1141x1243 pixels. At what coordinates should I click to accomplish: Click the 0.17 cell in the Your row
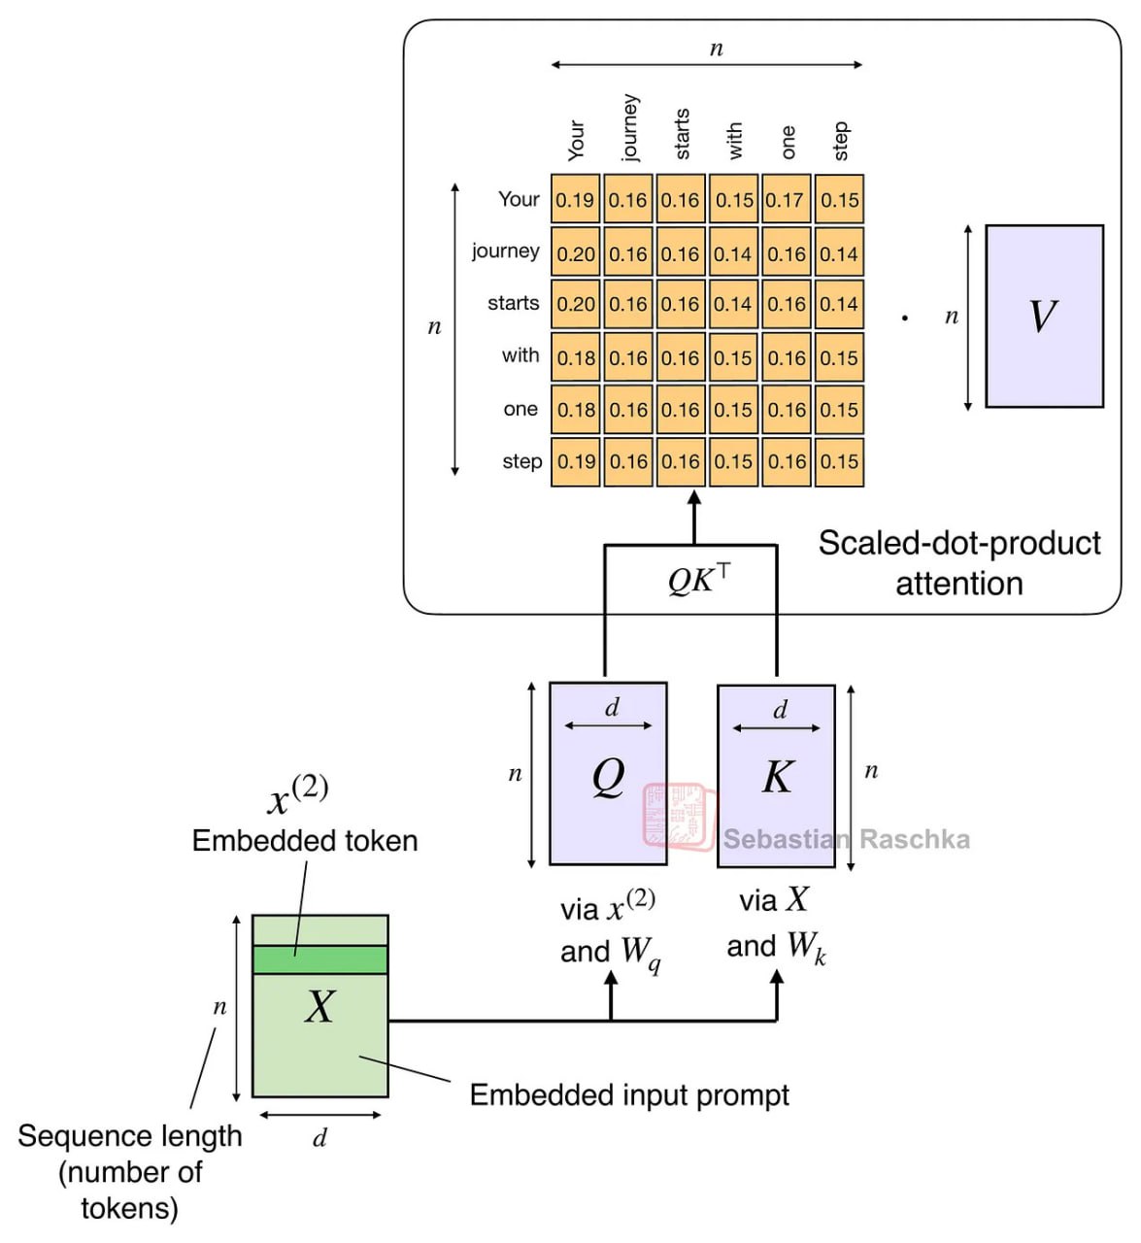coord(785,200)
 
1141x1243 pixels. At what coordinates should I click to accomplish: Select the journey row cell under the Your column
coord(576,253)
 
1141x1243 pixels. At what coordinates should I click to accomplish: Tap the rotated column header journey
coord(630,127)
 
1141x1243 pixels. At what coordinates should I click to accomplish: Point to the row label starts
coord(513,303)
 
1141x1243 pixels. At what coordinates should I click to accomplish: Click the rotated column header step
coord(841,141)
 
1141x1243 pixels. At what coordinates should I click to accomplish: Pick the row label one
coord(520,409)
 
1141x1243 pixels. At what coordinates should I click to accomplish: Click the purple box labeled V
coord(1044,317)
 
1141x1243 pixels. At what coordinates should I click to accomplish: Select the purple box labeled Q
coord(608,774)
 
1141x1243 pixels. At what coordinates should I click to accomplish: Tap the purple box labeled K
coord(776,776)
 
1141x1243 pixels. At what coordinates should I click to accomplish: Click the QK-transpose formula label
coord(698,580)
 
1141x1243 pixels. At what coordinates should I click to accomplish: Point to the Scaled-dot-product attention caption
coord(958,563)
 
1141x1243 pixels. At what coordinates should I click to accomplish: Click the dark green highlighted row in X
coord(319,959)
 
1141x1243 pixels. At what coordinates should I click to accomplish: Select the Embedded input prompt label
coord(629,1094)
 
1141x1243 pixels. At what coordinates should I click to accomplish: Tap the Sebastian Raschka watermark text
coord(846,839)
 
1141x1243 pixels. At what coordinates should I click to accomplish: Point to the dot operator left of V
coord(905,318)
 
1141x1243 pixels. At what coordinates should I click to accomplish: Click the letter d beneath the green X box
coord(319,1137)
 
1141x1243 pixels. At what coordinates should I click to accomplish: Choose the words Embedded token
coord(305,840)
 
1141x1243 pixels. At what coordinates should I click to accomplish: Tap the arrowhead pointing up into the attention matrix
coord(693,498)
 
